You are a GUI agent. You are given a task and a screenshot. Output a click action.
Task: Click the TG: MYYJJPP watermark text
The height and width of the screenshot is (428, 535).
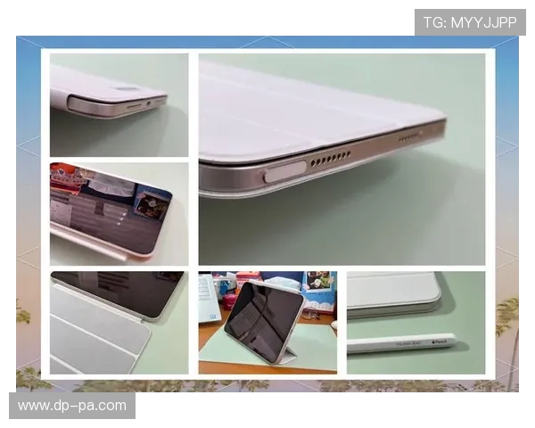coord(470,22)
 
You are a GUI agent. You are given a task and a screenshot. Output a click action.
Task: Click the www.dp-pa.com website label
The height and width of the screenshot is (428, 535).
coord(72,406)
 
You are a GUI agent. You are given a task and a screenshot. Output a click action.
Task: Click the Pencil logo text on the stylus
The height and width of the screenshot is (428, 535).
coord(441,340)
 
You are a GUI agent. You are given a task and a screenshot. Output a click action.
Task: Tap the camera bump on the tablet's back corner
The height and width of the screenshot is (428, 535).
coord(126,90)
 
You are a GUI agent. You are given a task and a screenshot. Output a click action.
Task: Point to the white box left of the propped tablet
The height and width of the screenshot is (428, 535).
coord(208,298)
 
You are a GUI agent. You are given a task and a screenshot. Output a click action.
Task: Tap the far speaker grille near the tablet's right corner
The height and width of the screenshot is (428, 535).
coord(409,137)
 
